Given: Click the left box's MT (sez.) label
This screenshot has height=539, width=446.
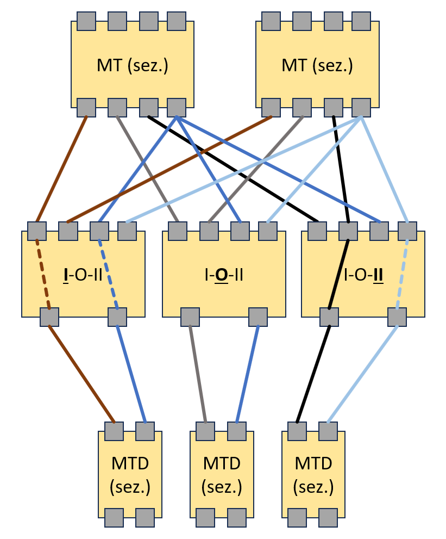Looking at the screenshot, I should (x=133, y=66).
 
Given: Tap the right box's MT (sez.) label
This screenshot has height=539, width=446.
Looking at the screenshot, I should (x=317, y=66).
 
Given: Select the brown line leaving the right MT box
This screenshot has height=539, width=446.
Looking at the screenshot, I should (x=168, y=169).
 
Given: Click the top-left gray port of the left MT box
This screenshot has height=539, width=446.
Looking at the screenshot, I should (x=86, y=21).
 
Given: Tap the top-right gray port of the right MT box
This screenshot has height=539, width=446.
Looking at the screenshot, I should (x=361, y=21).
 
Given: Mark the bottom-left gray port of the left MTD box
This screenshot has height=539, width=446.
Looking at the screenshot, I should (x=114, y=518).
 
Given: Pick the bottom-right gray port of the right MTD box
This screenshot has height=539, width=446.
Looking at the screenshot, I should (x=328, y=518).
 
